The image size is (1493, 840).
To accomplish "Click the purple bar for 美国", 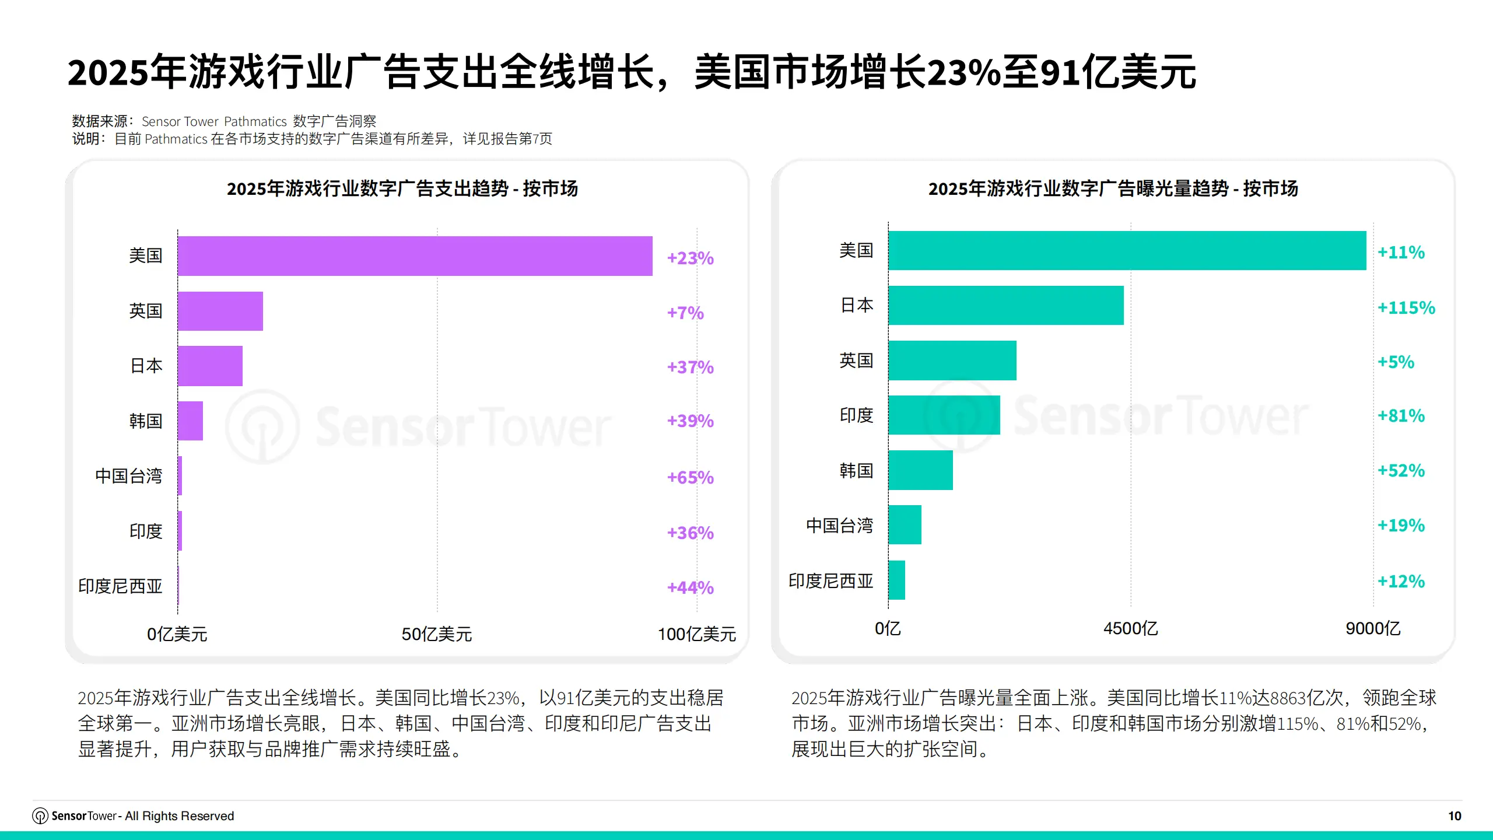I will (x=415, y=256).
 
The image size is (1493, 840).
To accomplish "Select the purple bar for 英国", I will (x=220, y=311).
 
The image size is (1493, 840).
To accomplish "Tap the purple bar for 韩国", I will (x=190, y=421).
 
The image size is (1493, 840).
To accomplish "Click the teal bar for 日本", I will (x=1005, y=305).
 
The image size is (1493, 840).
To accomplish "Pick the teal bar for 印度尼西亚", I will (x=896, y=580).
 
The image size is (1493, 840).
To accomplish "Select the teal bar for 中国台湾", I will (x=905, y=525).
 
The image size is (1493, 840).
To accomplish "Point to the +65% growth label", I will (x=690, y=478).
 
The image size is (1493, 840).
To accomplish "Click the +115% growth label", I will (x=1406, y=307).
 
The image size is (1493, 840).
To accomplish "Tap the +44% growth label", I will (x=690, y=587).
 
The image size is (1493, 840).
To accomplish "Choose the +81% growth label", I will (x=1401, y=416).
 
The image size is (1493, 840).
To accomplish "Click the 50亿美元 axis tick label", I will (x=437, y=634).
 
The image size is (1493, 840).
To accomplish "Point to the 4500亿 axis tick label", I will (x=1130, y=628).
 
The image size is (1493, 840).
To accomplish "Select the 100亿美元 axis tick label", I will (x=697, y=634).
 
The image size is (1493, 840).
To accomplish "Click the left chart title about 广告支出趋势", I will (x=402, y=188).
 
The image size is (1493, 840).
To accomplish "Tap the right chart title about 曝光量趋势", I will (x=1113, y=188).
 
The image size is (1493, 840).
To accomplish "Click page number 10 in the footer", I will (x=1455, y=815).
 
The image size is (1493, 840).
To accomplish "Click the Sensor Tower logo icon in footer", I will (x=40, y=815).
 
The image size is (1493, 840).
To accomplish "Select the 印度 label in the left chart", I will (x=146, y=531).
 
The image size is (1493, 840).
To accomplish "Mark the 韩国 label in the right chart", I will (x=856, y=471).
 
